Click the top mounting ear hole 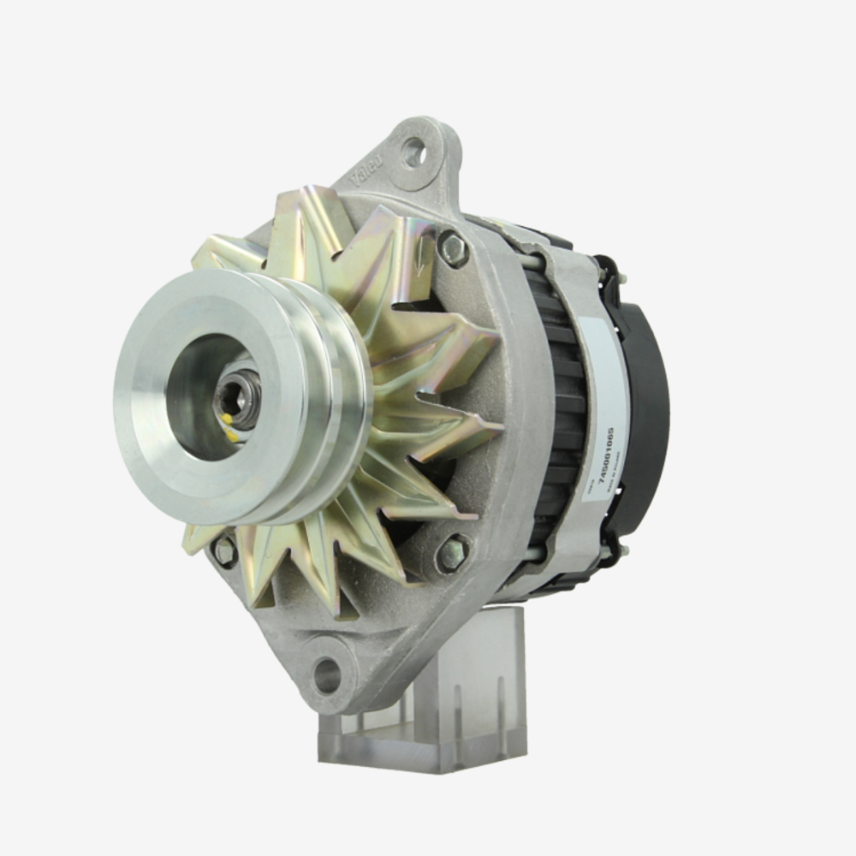point(414,153)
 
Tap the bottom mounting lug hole point(328,675)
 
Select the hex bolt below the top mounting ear point(453,249)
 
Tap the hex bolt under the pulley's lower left point(225,551)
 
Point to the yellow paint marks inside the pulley point(229,428)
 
